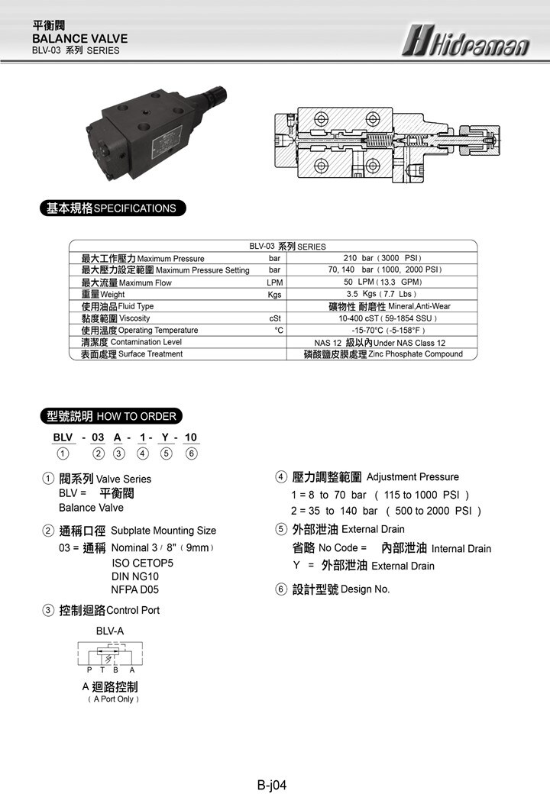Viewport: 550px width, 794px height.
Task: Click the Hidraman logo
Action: coord(467,40)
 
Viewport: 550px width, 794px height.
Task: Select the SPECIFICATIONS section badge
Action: coord(112,208)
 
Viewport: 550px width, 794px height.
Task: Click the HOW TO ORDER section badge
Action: coord(112,416)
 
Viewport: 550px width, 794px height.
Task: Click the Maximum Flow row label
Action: coord(127,282)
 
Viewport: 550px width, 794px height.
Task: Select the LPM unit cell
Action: coord(275,282)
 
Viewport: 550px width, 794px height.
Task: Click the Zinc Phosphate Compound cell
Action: coord(383,354)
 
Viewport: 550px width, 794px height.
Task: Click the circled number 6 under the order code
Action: coord(192,453)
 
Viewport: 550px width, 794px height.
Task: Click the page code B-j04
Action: coord(272,784)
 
